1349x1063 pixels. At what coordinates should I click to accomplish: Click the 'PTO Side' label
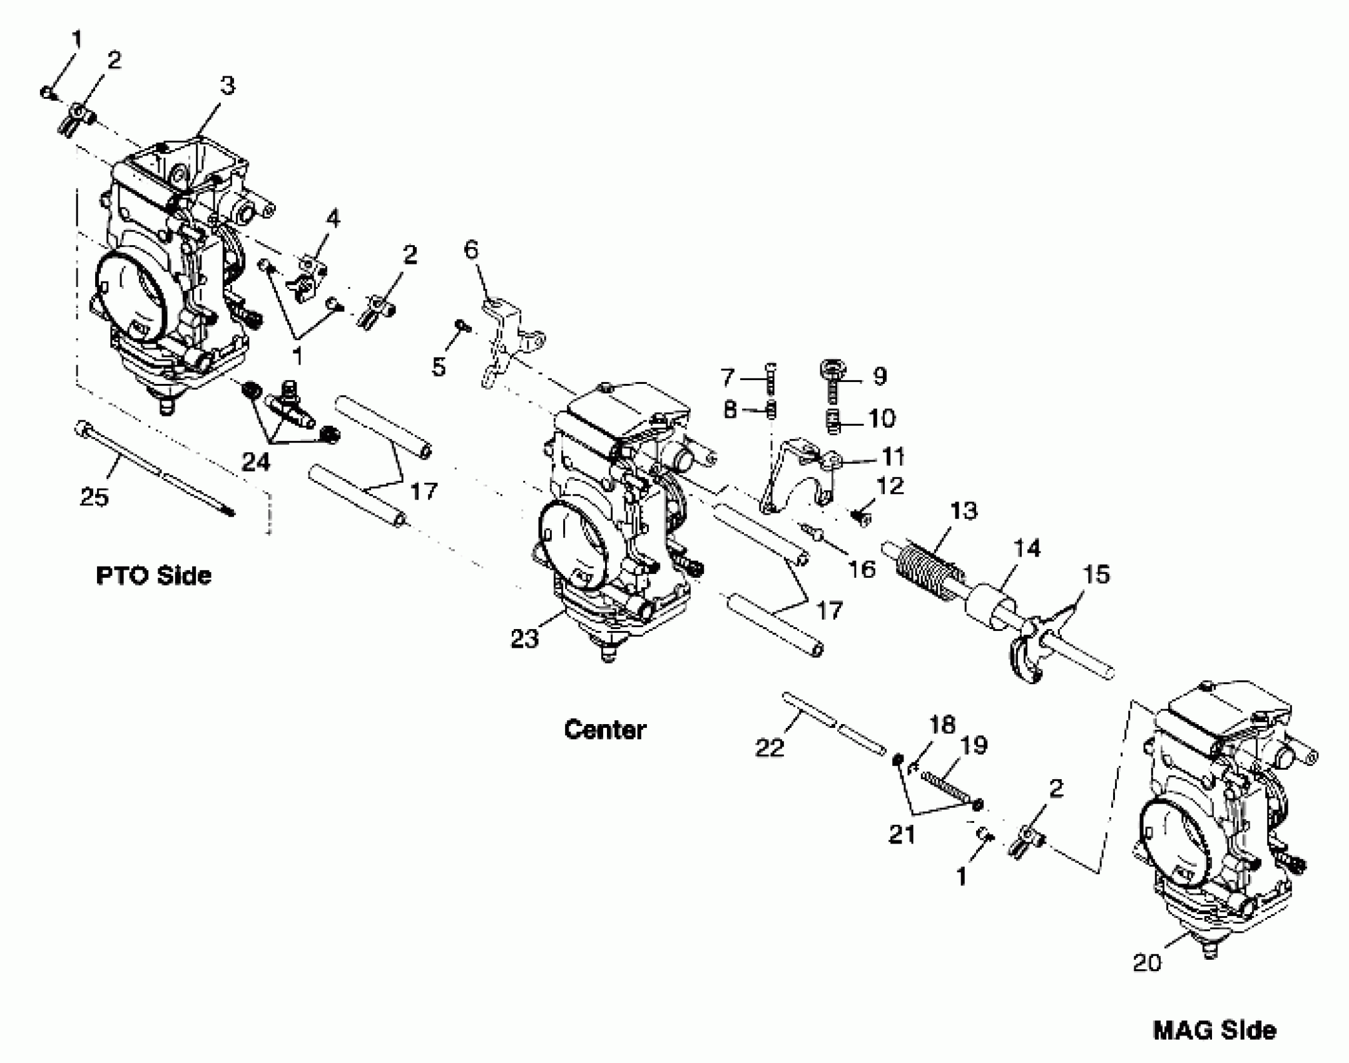153,575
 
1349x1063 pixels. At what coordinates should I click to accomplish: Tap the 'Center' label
604,730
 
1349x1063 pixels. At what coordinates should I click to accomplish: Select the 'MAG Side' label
1214,1030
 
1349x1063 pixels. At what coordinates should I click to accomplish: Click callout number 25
94,497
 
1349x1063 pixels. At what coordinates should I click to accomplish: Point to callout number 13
963,511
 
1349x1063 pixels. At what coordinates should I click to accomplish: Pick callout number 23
524,638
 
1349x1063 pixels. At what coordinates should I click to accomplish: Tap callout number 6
471,250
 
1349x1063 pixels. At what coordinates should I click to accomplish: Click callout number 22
769,747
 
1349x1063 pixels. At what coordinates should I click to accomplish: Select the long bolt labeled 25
153,469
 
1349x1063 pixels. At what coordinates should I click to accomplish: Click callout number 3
227,86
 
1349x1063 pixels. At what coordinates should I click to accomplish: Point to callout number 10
881,418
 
